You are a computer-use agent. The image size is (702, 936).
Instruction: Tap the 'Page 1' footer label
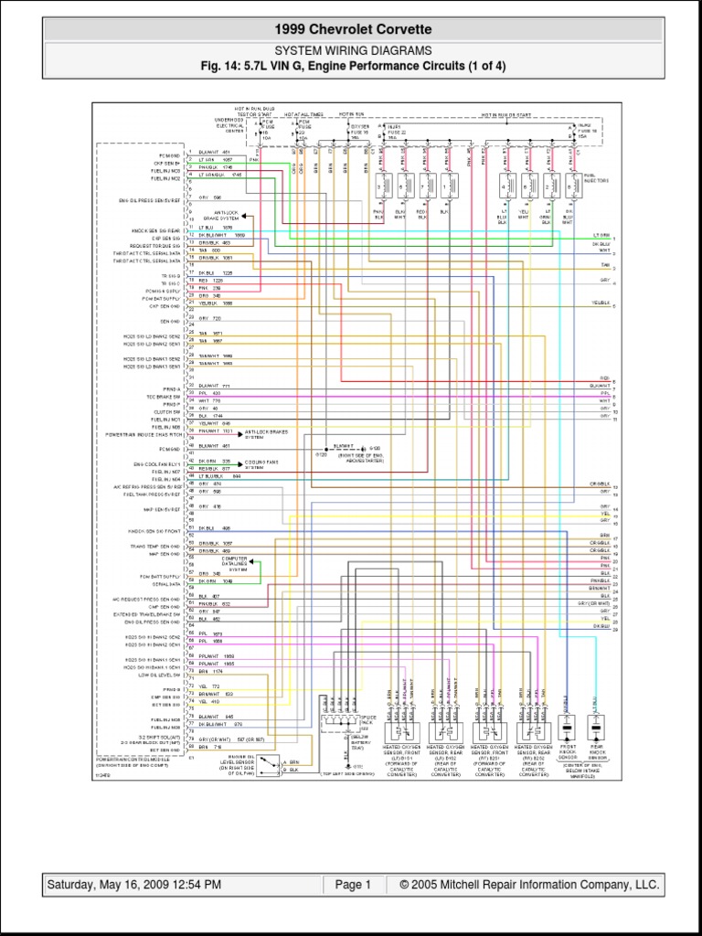pos(353,885)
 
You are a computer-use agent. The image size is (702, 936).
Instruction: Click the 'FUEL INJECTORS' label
pos(595,183)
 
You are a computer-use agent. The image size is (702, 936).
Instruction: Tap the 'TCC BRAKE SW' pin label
pos(164,395)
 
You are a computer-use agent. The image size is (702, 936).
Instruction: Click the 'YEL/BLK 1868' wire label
pos(216,303)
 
